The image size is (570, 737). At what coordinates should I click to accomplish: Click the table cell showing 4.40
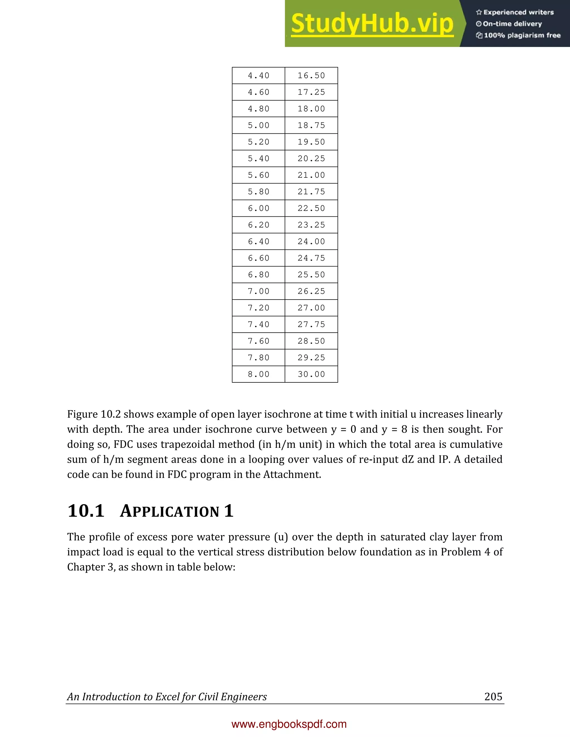[x=258, y=76]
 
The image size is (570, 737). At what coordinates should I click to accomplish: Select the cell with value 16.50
[x=311, y=76]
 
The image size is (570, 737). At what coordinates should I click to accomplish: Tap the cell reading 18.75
[x=311, y=125]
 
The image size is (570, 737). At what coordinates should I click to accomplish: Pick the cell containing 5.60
[x=258, y=175]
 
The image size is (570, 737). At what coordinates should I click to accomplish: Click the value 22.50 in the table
[x=311, y=208]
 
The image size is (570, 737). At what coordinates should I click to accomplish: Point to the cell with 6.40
[x=258, y=241]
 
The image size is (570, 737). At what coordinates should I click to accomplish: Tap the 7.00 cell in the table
[x=258, y=291]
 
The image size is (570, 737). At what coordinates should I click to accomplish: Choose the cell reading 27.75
[x=311, y=324]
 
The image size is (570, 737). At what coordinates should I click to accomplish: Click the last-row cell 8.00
[x=258, y=374]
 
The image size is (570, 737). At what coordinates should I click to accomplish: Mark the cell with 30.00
[x=311, y=374]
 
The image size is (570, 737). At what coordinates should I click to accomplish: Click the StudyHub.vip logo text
[x=372, y=24]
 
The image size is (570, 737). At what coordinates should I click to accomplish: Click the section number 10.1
[x=86, y=511]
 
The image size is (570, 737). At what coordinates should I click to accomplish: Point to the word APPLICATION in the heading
[x=170, y=511]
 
